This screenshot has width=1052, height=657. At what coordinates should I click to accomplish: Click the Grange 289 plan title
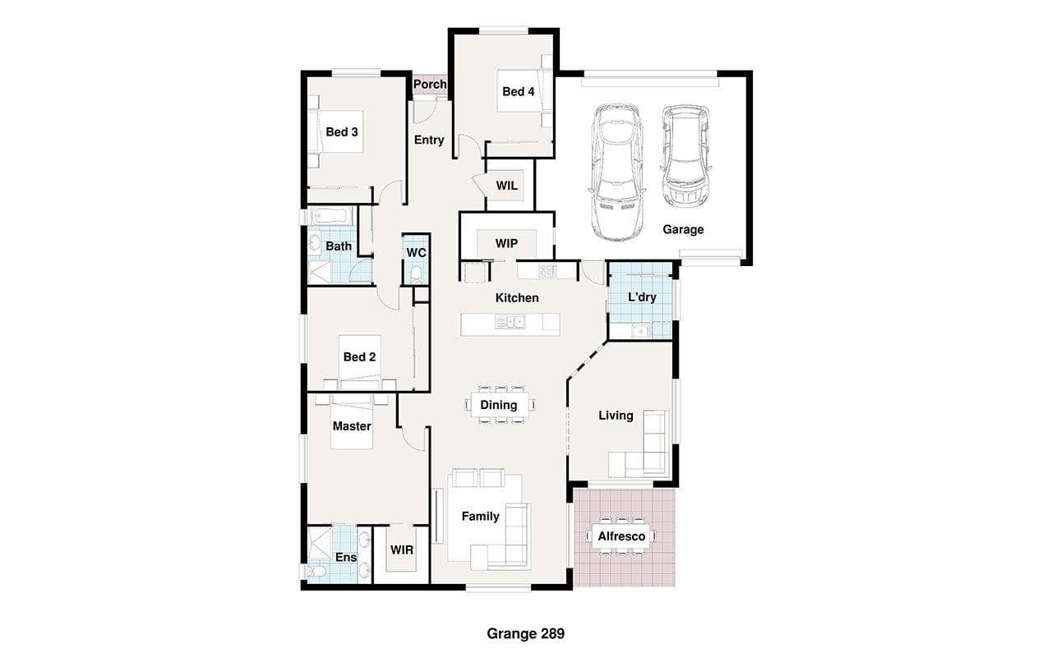point(525,633)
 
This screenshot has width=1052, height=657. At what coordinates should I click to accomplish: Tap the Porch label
point(430,84)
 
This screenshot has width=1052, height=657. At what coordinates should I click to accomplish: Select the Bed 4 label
point(518,91)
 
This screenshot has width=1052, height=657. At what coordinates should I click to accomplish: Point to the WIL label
point(507,186)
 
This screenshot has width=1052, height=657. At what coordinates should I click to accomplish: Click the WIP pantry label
point(507,244)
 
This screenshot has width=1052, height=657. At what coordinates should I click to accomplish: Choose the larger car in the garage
point(616,172)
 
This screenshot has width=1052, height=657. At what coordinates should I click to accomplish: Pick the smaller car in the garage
point(685,157)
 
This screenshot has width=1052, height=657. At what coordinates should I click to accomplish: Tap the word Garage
point(683,229)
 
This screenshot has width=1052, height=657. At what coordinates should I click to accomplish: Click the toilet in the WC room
point(416,274)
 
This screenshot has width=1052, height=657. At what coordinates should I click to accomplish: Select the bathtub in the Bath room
point(331,216)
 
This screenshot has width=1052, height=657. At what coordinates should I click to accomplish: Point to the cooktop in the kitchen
point(547,270)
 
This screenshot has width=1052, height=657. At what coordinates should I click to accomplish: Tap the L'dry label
point(642,297)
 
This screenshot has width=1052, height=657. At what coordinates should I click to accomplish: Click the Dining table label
point(498,405)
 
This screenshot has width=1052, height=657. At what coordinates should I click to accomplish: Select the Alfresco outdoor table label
point(621,536)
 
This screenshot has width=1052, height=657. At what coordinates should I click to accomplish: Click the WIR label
point(402,550)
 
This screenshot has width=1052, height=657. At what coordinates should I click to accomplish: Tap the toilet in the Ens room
point(316,572)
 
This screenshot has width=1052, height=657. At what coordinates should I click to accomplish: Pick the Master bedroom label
point(352,426)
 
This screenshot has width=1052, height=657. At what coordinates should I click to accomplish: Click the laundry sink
point(640,331)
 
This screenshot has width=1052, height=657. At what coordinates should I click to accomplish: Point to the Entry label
point(429,140)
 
